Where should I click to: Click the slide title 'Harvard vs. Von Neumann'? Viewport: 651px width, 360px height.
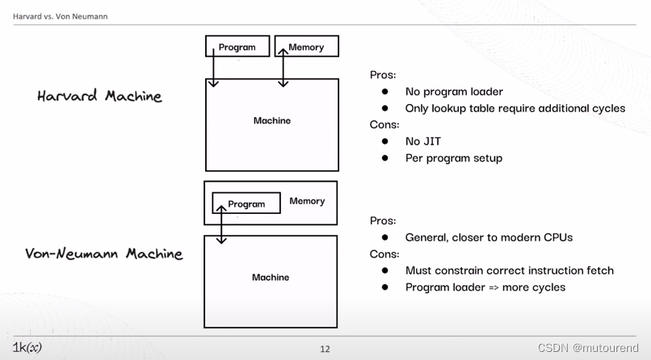pos(61,16)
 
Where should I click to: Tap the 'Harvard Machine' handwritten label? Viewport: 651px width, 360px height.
pos(99,96)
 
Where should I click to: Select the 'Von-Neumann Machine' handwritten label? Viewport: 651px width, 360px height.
pos(104,253)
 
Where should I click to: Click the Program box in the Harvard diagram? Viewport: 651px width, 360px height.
pos(237,47)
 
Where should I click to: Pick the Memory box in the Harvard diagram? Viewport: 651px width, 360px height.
pos(306,47)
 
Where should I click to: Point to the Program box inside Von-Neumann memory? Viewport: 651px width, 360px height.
pos(246,203)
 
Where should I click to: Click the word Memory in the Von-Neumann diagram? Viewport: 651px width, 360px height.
pos(307,201)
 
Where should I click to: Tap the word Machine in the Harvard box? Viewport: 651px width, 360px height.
pos(272,121)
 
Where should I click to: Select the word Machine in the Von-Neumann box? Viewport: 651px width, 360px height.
pos(271,278)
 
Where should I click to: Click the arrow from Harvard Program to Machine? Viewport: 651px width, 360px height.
pos(213,69)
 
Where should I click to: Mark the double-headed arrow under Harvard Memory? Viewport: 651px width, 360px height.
pos(283,67)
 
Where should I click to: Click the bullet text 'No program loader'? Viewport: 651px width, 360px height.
pos(454,91)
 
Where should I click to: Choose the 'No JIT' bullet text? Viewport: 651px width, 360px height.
pos(423,141)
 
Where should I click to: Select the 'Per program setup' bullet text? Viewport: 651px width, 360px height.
pos(454,158)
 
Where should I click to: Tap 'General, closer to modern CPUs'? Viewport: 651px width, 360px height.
pos(489,237)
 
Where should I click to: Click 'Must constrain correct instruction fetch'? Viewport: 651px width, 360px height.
pos(510,270)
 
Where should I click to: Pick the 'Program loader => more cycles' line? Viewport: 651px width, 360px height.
pos(485,287)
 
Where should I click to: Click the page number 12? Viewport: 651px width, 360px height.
pos(325,349)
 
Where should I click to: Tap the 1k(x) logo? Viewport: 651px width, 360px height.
pos(27,348)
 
